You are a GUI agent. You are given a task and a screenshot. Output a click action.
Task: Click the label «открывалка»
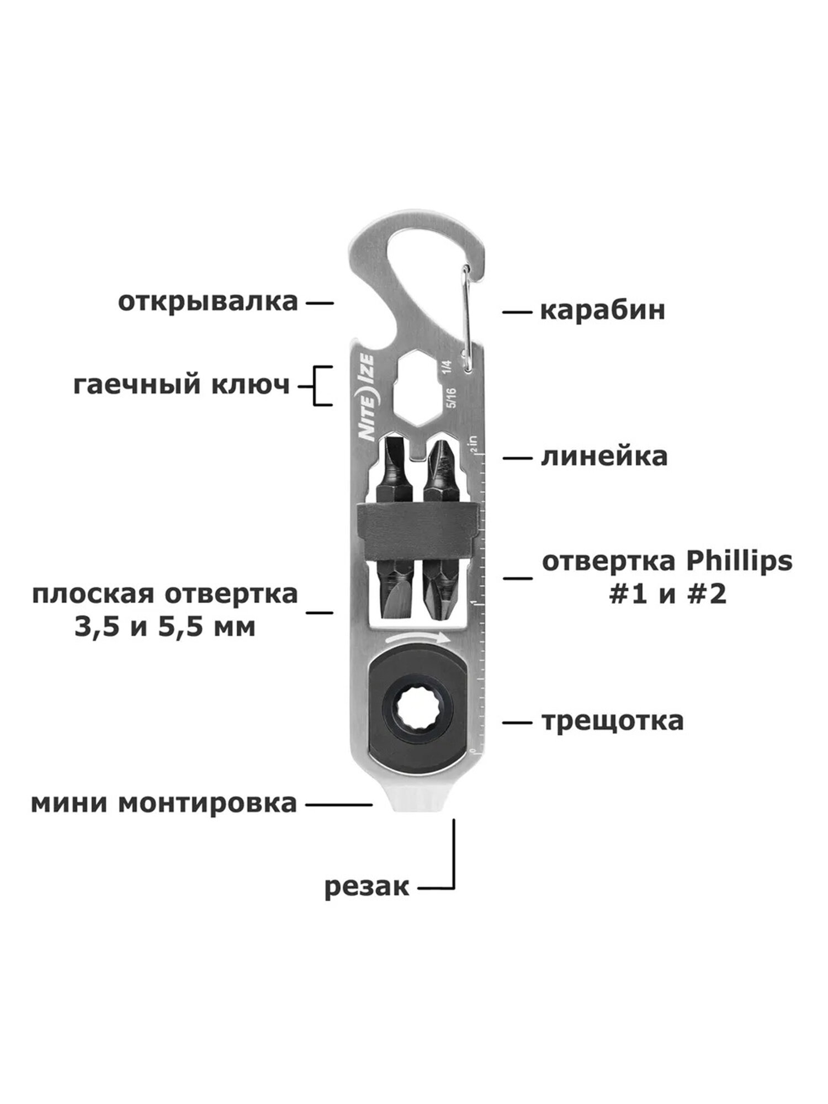[x=208, y=302]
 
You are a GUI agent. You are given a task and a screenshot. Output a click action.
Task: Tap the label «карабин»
[x=602, y=311]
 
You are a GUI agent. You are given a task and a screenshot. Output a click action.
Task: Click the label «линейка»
[x=604, y=457]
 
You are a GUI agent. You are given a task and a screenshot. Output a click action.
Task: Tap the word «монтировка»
[x=208, y=804]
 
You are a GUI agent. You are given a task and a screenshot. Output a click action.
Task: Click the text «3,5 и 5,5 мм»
[x=165, y=628]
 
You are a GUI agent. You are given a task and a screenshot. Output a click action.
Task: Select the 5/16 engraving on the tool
[x=453, y=398]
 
